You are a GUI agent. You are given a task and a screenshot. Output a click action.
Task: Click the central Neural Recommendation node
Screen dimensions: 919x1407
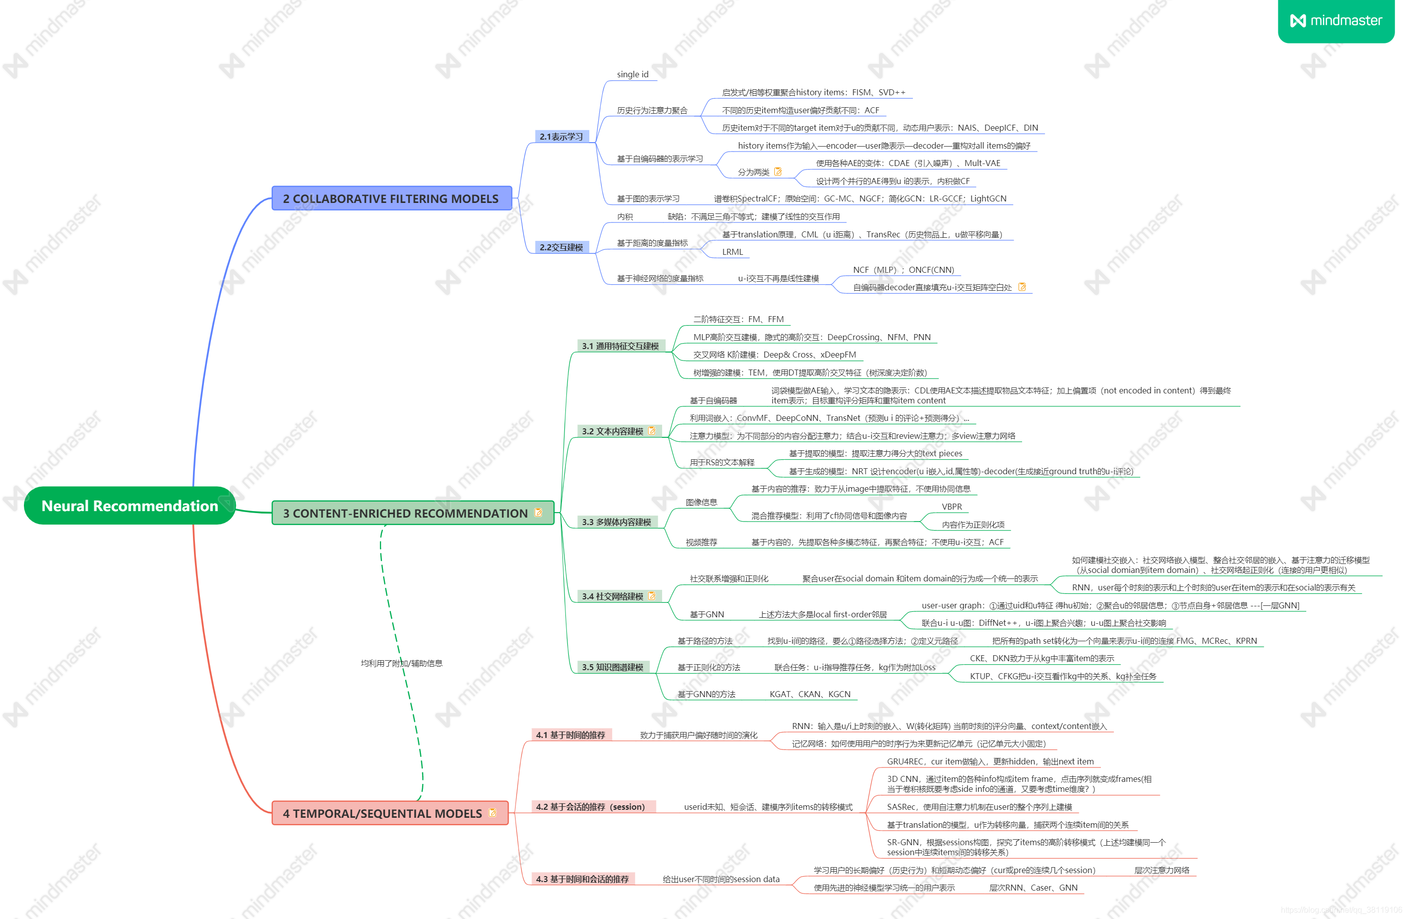pos(130,506)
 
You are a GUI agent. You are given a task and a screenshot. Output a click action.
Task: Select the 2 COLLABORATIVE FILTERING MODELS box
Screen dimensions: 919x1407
pos(391,198)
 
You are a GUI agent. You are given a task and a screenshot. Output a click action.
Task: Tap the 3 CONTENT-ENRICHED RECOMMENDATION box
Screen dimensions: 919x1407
pos(405,513)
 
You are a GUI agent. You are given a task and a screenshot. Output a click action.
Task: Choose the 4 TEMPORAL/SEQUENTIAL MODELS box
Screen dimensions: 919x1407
pos(382,813)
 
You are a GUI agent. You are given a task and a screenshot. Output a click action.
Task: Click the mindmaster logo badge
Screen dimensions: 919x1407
pos(1336,21)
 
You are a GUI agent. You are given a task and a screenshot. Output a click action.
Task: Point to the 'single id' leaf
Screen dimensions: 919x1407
pos(632,74)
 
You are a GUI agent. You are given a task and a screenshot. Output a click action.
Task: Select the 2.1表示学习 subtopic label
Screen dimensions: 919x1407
pos(561,137)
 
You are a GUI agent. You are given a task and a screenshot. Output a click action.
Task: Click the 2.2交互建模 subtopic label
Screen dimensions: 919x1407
pos(561,247)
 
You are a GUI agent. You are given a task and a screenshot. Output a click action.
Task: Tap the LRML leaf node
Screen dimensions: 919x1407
pos(732,252)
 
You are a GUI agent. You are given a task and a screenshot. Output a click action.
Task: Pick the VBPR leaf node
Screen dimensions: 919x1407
pos(951,507)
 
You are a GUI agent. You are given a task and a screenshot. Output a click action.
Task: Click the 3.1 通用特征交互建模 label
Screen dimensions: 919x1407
pos(620,346)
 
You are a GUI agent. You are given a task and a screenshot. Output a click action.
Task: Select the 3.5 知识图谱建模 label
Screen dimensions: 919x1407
pos(612,667)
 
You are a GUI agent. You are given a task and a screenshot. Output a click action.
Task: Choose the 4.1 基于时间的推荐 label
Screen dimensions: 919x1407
pos(570,735)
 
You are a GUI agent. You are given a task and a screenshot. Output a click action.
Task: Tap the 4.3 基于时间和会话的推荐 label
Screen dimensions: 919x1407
pos(582,879)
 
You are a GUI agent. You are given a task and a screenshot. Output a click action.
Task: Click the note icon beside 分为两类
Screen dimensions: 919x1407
pos(778,172)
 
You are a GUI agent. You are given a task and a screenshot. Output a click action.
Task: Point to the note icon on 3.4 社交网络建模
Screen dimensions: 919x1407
pos(652,595)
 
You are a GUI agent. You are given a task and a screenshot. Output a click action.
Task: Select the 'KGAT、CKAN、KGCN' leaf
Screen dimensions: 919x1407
pos(809,694)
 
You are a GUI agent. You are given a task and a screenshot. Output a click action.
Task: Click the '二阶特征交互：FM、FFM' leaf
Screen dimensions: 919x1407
pos(738,319)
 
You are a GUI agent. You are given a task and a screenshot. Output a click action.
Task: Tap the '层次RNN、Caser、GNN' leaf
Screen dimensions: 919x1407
pos(1033,888)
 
